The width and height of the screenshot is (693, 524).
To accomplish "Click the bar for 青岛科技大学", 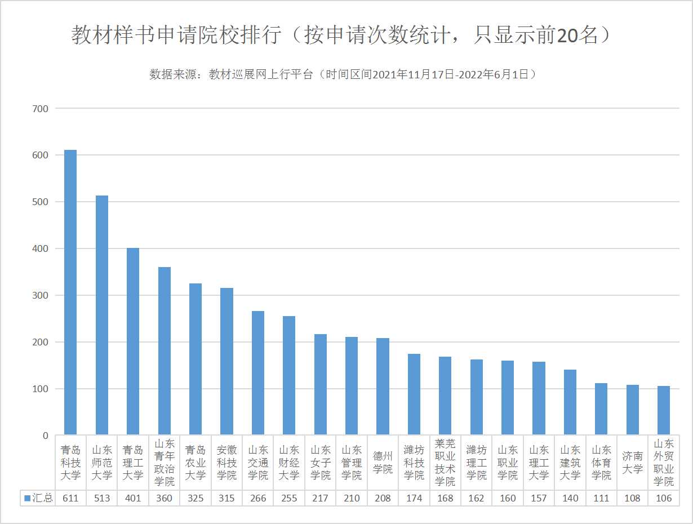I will point(70,292).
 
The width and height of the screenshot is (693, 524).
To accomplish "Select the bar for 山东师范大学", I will point(101,316).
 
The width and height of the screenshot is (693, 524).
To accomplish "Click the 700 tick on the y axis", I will point(41,108).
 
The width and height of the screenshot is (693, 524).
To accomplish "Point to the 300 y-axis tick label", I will point(41,295).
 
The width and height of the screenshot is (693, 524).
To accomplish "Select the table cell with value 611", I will point(70,498).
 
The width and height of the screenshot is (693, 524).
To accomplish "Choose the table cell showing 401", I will point(133,498).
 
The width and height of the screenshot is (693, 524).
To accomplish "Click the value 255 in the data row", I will point(289,498).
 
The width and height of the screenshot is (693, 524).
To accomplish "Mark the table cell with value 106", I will point(664,498).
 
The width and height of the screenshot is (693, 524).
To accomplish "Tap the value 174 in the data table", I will point(414,498).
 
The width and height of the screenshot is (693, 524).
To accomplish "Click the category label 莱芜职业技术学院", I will point(445,463).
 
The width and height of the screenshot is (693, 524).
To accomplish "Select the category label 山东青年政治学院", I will point(165,463).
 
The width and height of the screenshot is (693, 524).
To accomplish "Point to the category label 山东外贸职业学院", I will point(664,463).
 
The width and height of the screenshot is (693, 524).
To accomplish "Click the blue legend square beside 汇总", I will point(27,498).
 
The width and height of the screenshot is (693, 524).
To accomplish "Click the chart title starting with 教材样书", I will point(341,35).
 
